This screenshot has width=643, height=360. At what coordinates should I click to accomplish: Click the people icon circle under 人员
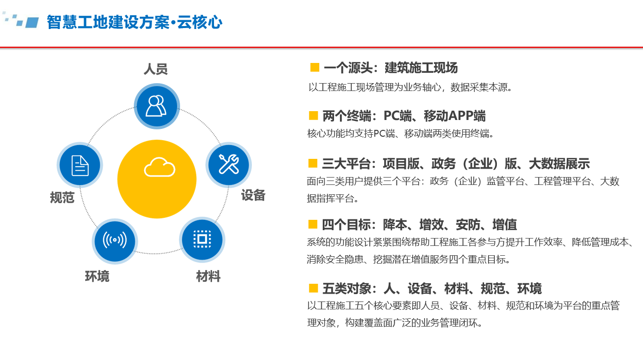click(157, 106)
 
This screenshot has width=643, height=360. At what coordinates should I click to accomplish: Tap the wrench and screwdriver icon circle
click(228, 165)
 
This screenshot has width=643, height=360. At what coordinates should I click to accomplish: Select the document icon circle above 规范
click(80, 165)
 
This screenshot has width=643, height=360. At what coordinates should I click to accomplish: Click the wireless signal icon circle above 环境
click(115, 240)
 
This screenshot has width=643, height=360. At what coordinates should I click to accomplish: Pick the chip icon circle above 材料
click(202, 239)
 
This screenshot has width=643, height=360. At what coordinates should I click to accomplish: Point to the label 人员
click(155, 69)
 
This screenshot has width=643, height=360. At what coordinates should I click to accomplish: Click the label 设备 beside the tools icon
click(253, 195)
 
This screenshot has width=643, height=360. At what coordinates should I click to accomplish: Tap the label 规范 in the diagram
click(62, 197)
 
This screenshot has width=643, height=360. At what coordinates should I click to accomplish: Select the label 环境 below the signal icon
click(97, 276)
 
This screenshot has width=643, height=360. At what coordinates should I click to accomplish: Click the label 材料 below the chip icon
click(209, 276)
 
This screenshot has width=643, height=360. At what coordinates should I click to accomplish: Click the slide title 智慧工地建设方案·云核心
click(134, 22)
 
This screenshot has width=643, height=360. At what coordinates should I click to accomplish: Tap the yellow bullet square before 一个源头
click(314, 67)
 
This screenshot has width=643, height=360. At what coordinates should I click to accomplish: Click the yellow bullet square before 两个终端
click(313, 116)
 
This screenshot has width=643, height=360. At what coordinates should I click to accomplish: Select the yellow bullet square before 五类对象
click(313, 288)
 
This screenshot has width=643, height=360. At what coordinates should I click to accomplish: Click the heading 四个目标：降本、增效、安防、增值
click(419, 224)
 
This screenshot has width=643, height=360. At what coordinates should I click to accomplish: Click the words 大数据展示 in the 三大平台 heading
click(559, 163)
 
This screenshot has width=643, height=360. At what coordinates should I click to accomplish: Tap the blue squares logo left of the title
click(21, 20)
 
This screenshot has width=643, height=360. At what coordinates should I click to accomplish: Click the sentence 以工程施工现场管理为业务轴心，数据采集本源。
click(410, 87)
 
